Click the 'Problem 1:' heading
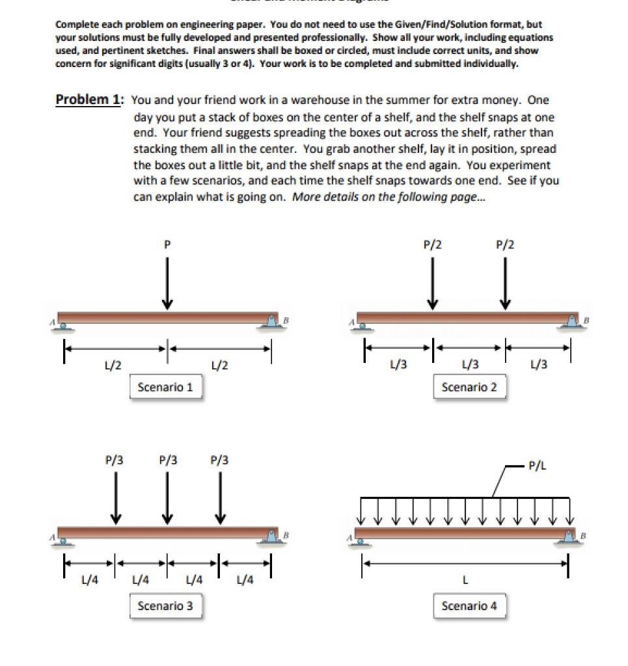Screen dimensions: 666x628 [89, 100]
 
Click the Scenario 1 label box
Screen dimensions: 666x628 [165, 387]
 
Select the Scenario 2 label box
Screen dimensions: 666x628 [469, 387]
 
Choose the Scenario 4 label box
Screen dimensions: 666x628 [469, 606]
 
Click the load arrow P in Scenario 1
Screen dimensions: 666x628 [167, 283]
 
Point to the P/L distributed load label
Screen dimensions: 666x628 [537, 466]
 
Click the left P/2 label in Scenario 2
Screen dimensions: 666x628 [433, 245]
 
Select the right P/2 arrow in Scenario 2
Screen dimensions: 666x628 [506, 283]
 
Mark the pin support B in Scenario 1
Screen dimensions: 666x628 [270, 321]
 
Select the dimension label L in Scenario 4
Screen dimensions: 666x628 [465, 579]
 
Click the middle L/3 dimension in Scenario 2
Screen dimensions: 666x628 [469, 365]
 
